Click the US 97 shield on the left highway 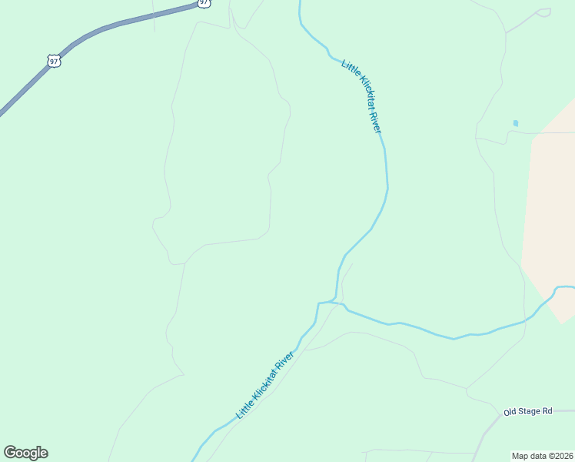(x=53, y=60)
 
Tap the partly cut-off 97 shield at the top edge (x=203, y=3)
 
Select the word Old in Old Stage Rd (x=510, y=412)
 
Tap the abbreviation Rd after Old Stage (x=547, y=410)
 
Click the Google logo (x=25, y=453)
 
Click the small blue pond (x=515, y=123)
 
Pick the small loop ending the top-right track (x=544, y=12)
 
